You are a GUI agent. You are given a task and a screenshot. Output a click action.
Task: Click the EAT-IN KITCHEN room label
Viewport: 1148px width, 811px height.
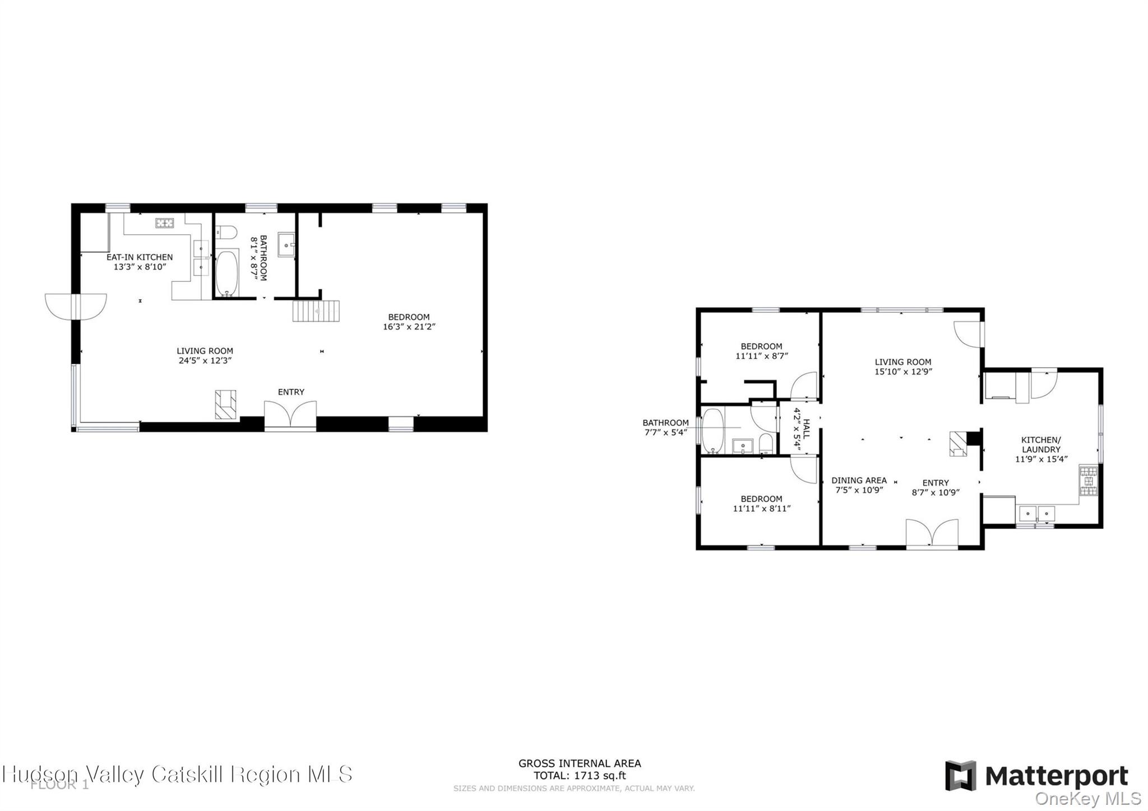click(x=140, y=257)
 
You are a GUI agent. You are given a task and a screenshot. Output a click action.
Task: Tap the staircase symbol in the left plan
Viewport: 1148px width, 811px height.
click(x=316, y=311)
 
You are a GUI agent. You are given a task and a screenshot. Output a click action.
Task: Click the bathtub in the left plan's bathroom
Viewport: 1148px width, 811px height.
click(x=227, y=273)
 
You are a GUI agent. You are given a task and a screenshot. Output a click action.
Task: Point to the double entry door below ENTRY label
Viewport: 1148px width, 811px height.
click(x=290, y=416)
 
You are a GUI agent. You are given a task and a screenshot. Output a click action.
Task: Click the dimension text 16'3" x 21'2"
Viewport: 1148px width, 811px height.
click(x=409, y=327)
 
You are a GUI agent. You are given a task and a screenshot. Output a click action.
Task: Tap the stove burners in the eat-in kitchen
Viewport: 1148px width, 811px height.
click(x=165, y=223)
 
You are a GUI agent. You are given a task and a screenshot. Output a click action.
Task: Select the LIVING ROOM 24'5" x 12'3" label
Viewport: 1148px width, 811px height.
click(x=205, y=355)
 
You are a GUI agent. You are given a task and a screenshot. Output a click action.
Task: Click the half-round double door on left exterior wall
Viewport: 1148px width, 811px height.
click(x=75, y=307)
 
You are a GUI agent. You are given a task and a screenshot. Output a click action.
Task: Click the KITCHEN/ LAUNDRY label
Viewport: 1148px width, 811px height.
click(x=1041, y=444)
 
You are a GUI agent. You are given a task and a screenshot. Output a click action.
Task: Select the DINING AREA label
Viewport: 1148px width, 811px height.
click(x=859, y=480)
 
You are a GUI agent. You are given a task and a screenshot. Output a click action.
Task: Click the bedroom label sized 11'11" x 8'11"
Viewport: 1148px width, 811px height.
click(x=761, y=503)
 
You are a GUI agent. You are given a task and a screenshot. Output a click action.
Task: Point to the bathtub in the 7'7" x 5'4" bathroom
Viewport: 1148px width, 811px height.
click(x=713, y=430)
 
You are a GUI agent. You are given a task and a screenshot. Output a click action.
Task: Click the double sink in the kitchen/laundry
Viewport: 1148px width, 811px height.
click(x=1036, y=513)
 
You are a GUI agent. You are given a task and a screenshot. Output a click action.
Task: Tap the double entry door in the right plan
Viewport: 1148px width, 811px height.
click(x=932, y=533)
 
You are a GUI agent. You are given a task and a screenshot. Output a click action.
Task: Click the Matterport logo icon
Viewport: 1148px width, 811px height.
click(x=961, y=776)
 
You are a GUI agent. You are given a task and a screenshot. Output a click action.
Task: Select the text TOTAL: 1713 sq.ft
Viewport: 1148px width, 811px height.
click(x=579, y=776)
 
